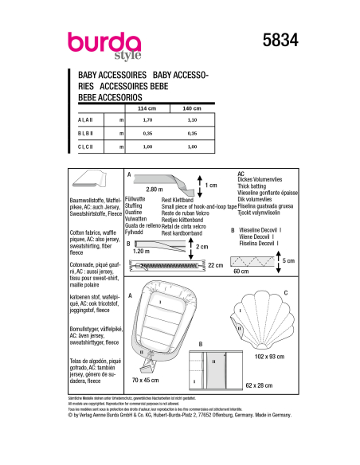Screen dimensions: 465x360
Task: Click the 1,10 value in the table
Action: coord(191,119)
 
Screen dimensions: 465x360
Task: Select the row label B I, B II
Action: coord(85,134)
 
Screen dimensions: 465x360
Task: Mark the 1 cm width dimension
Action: coord(211,186)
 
